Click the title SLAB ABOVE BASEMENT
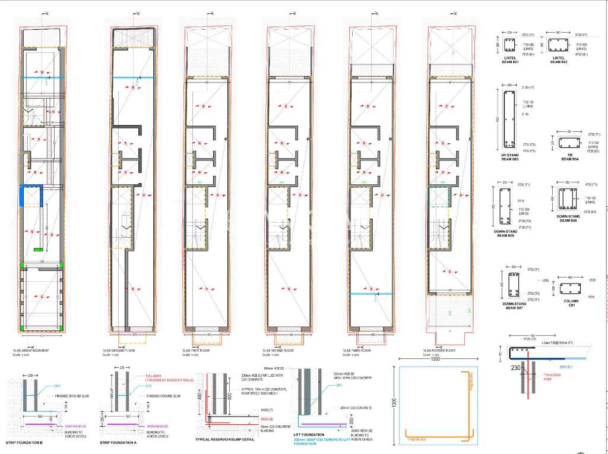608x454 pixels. pyautogui.click(x=31, y=351)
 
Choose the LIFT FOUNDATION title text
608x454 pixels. pyautogui.click(x=308, y=434)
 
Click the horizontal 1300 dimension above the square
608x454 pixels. pyautogui.click(x=436, y=360)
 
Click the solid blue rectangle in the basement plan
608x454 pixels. pyautogui.click(x=27, y=195)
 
